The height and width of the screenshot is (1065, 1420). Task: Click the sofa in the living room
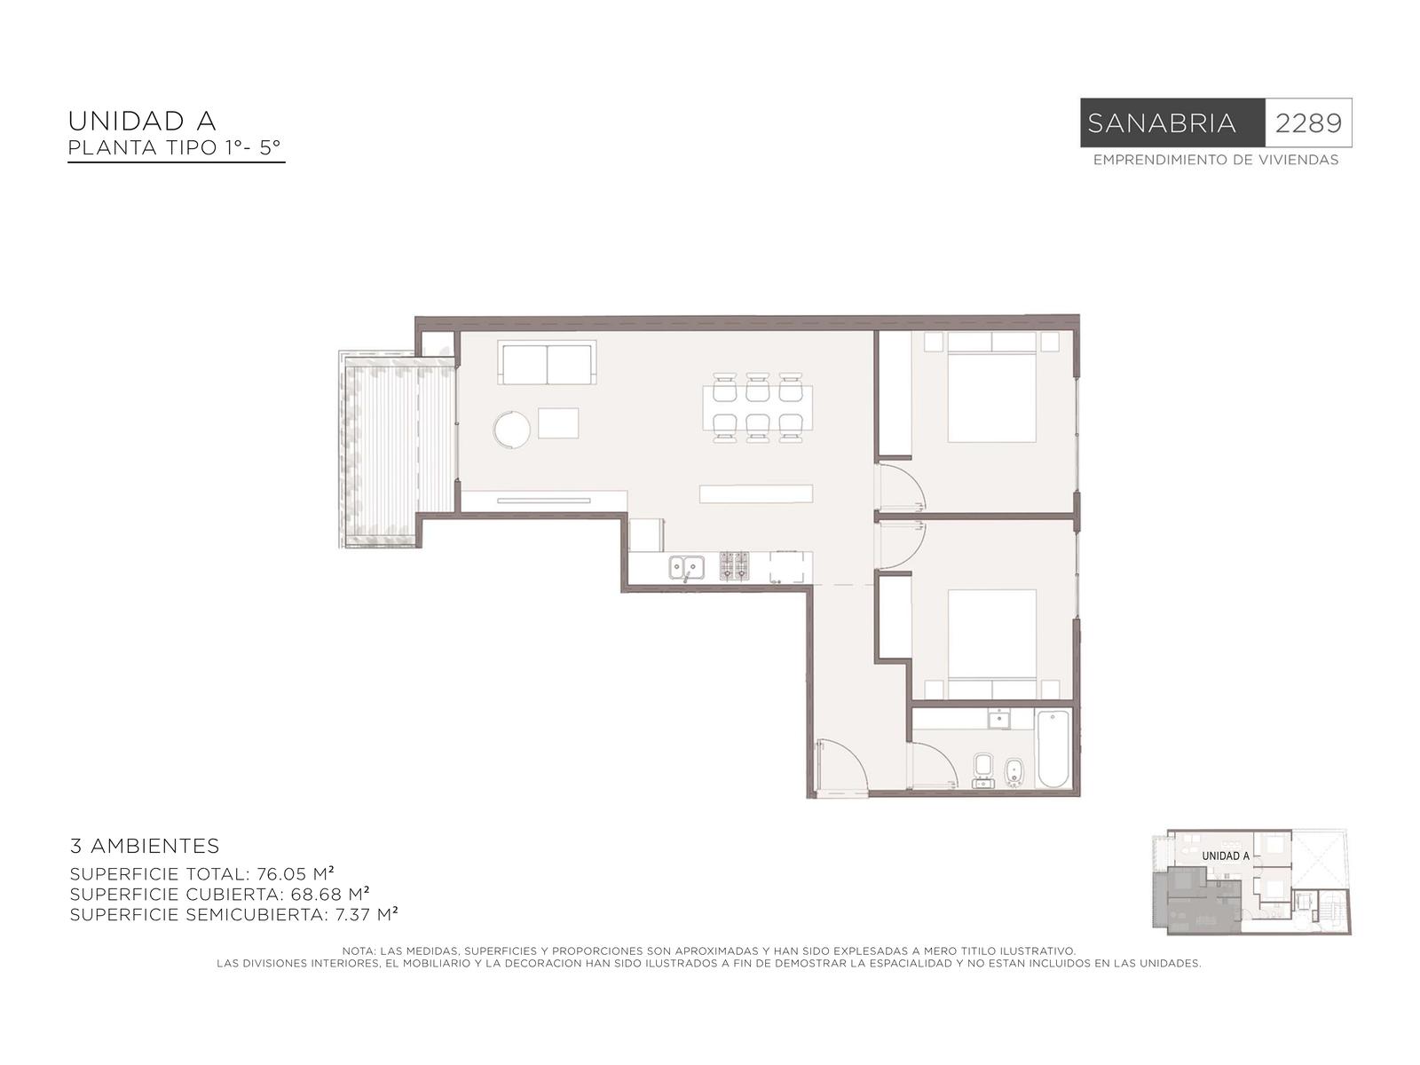547,362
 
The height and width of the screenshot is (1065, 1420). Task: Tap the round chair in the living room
512,430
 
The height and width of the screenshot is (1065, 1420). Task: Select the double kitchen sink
686,568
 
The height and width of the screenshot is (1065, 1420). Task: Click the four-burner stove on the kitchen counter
734,566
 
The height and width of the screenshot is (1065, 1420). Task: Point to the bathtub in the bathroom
1053,749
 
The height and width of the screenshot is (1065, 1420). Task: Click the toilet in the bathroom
982,769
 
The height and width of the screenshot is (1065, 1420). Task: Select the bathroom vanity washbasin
999,718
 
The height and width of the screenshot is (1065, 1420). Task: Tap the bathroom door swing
932,766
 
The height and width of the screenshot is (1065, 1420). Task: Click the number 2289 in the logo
1307,122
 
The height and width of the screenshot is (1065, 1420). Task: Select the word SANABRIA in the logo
1161,122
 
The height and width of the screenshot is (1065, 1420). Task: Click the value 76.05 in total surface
281,874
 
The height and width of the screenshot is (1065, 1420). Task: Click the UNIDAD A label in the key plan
1226,856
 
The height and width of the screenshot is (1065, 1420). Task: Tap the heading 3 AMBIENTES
145,846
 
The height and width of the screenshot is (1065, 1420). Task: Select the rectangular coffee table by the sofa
558,423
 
